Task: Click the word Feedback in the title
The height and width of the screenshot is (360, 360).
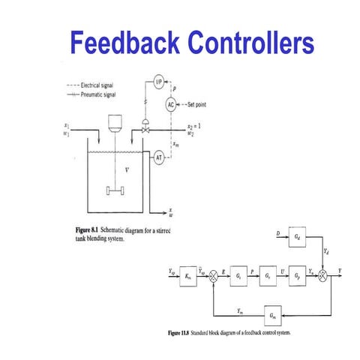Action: (110, 43)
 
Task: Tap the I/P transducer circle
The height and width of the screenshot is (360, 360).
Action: (158, 80)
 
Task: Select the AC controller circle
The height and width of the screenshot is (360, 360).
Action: (171, 104)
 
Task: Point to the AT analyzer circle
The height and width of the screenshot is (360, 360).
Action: (159, 157)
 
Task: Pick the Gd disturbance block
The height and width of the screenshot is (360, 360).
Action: (298, 238)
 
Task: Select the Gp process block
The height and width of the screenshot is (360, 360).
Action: (298, 276)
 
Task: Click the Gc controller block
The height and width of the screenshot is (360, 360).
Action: (238, 276)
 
